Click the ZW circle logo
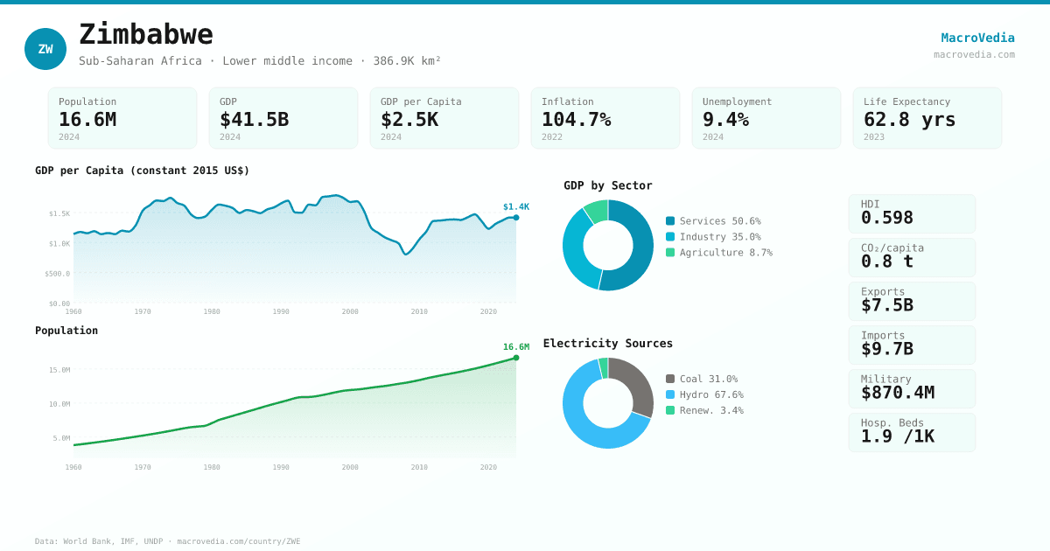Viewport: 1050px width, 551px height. tap(45, 49)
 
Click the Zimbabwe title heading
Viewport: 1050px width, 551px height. tap(146, 35)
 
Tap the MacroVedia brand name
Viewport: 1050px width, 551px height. tap(977, 38)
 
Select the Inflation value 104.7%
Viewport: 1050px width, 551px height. tap(576, 120)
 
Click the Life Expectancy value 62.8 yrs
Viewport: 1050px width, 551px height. tap(909, 120)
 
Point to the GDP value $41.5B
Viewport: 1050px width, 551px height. tap(254, 120)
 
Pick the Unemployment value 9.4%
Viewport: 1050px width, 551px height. tap(725, 120)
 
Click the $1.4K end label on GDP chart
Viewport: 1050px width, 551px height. tap(515, 207)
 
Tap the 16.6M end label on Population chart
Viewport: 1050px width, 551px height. tap(515, 347)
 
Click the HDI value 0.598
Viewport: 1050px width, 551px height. tap(886, 218)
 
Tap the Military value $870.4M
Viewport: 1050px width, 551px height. tap(897, 393)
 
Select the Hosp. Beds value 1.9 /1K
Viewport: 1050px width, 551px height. tap(897, 436)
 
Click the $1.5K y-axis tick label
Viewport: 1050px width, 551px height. tap(59, 213)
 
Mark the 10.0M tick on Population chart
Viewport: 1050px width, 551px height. tap(59, 404)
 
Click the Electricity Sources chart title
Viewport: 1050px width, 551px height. tap(608, 344)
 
